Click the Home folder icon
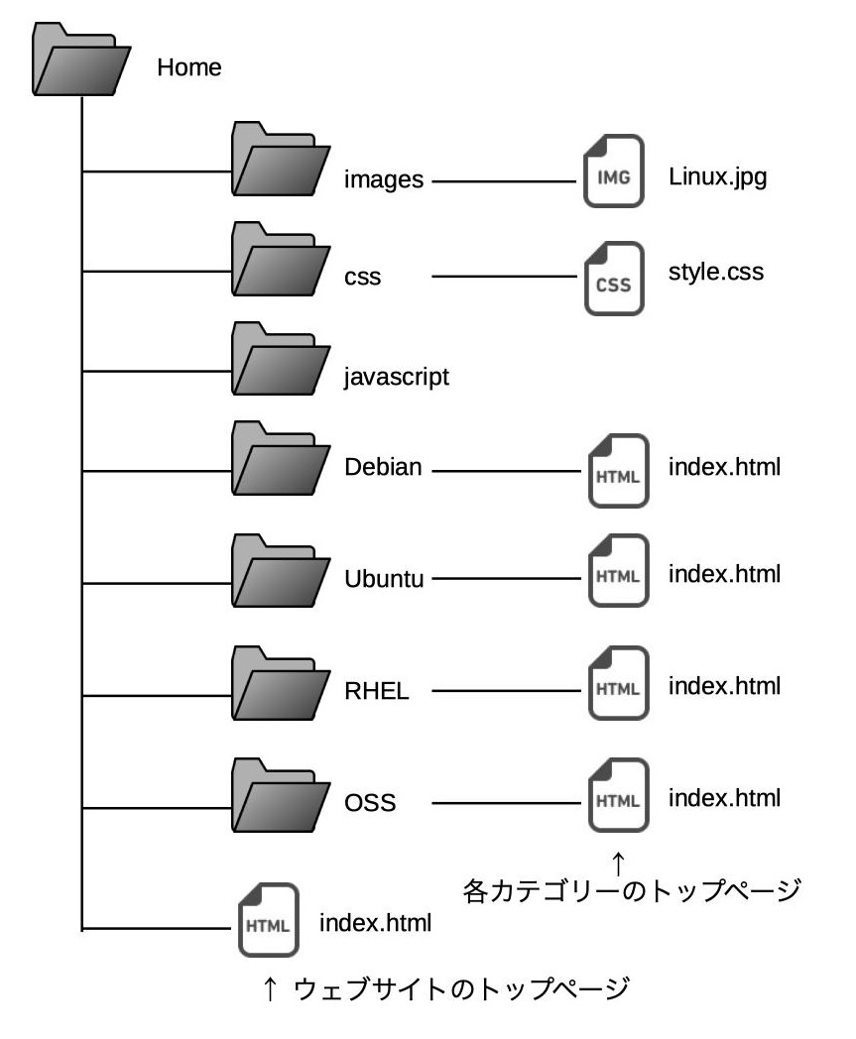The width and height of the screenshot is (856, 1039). pyautogui.click(x=81, y=58)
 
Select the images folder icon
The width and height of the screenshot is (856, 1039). pyautogui.click(x=281, y=159)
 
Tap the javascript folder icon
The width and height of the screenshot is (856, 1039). pyautogui.click(x=281, y=359)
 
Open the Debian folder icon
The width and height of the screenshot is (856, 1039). pyautogui.click(x=281, y=459)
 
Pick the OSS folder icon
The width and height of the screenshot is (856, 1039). pyautogui.click(x=281, y=795)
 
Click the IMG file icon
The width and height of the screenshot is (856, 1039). pyautogui.click(x=613, y=171)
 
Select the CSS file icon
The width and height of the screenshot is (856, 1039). pyautogui.click(x=614, y=279)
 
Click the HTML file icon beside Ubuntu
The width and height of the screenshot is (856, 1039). pyautogui.click(x=618, y=570)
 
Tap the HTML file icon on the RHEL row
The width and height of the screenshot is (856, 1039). pyautogui.click(x=618, y=683)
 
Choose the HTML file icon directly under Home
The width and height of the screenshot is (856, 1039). pyautogui.click(x=268, y=920)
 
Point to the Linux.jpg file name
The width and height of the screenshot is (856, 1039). pyautogui.click(x=717, y=177)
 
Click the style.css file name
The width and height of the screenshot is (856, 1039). pyautogui.click(x=716, y=273)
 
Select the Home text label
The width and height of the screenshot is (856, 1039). pyautogui.click(x=189, y=67)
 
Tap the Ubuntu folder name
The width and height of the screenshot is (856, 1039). pyautogui.click(x=384, y=579)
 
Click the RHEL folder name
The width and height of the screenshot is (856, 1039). pyautogui.click(x=377, y=691)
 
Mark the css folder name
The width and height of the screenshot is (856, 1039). pyautogui.click(x=363, y=277)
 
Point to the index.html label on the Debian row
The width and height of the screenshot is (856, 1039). pyautogui.click(x=724, y=467)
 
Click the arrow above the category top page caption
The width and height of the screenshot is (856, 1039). pyautogui.click(x=618, y=864)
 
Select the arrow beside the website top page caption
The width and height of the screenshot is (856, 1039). pyautogui.click(x=269, y=988)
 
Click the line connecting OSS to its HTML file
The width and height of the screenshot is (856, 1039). pyautogui.click(x=506, y=803)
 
